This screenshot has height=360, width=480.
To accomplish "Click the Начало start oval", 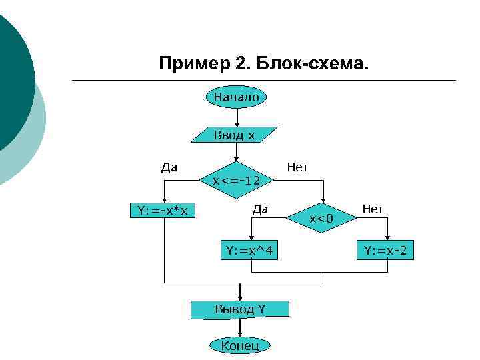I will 237,97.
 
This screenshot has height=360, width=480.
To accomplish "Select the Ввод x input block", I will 234,135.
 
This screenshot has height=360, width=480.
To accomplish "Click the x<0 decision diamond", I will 322,217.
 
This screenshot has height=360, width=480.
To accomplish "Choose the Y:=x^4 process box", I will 251,251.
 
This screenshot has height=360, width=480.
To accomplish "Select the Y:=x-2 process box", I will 389,251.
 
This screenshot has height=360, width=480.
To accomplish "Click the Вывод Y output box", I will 240,309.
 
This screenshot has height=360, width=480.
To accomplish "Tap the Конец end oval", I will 239,345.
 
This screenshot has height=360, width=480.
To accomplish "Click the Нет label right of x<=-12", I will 297,167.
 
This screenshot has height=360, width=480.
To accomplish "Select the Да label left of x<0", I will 260,209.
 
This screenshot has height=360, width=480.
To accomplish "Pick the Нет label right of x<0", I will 373,209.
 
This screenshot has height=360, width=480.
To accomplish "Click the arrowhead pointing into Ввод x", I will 237,123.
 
